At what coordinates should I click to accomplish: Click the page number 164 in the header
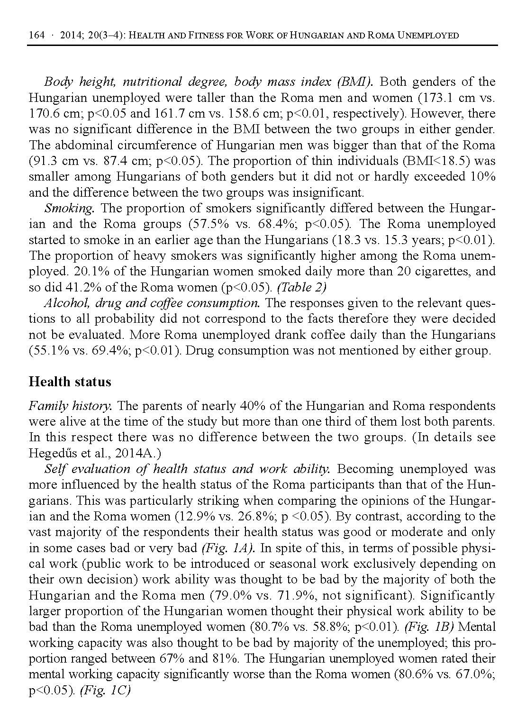tap(36, 36)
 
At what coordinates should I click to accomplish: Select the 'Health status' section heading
tap(70, 382)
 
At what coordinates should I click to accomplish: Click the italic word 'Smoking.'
tap(72, 208)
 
